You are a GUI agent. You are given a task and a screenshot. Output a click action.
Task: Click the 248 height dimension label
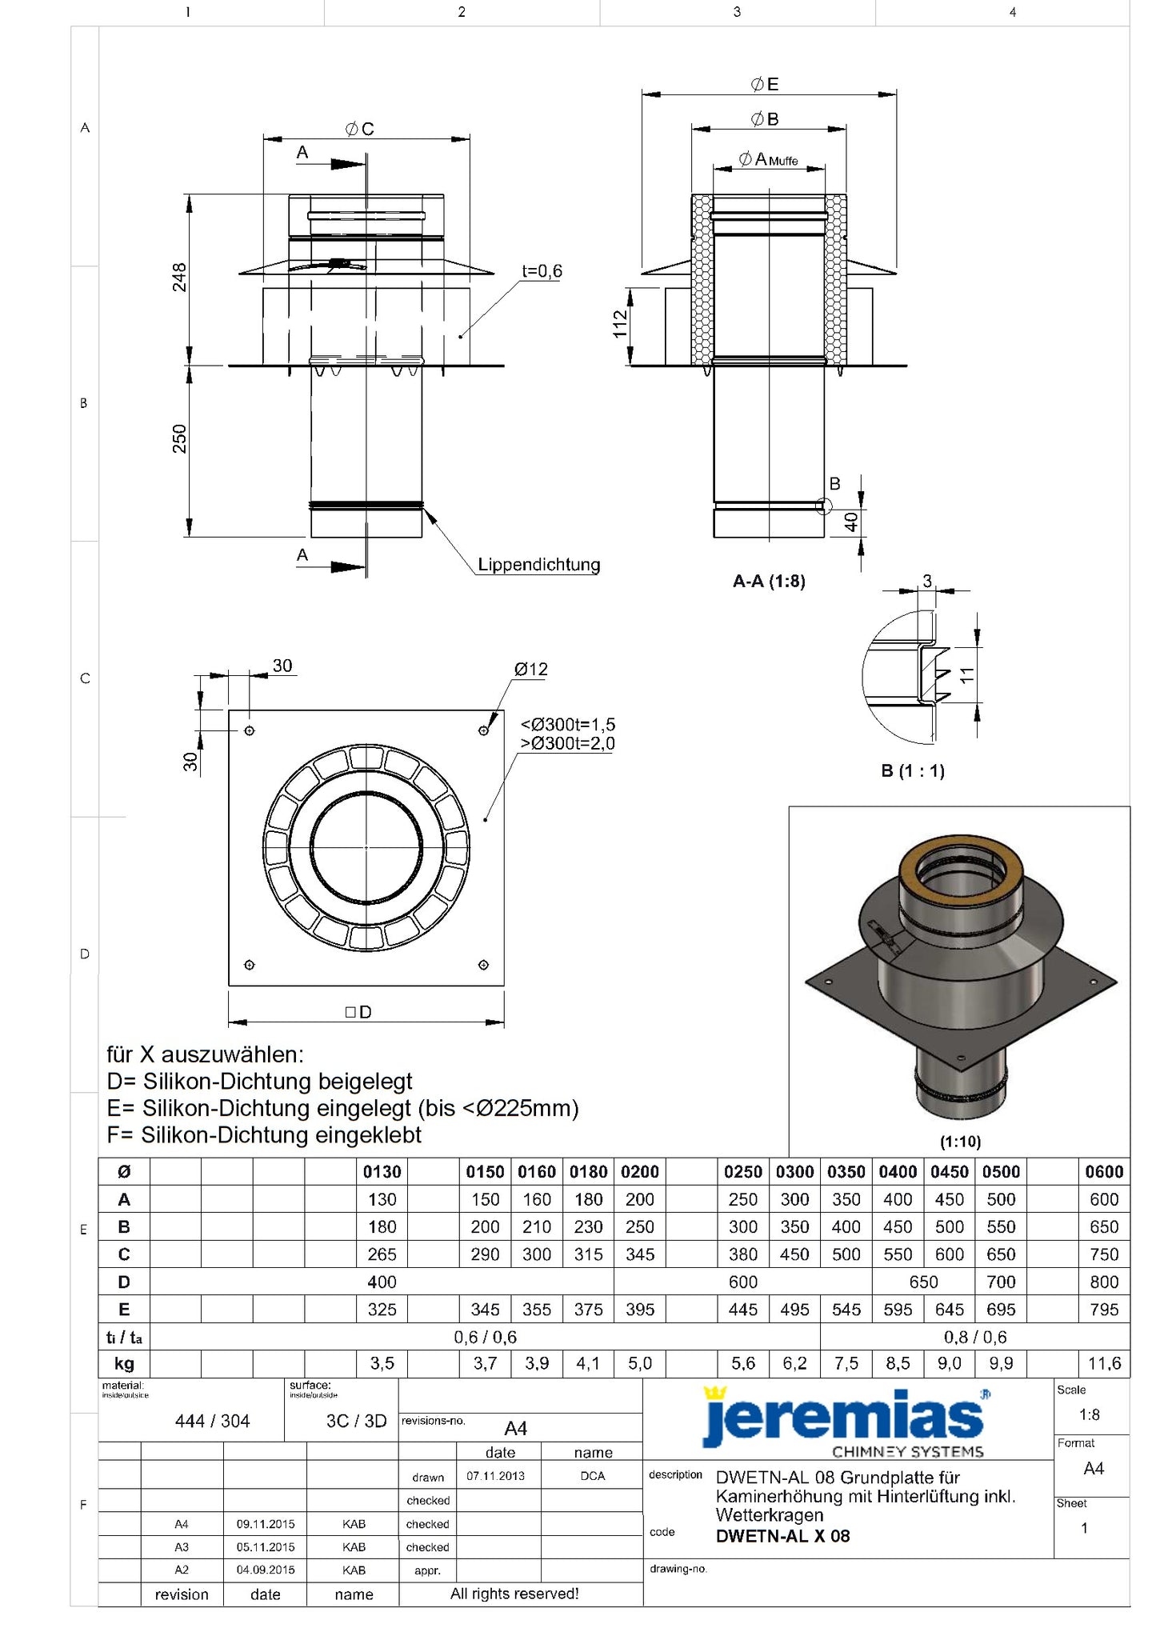(x=180, y=278)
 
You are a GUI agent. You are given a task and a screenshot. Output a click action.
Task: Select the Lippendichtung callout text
(x=538, y=565)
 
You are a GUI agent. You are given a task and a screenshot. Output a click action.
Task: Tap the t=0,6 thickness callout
(x=542, y=271)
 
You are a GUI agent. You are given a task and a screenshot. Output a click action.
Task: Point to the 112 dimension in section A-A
(x=620, y=325)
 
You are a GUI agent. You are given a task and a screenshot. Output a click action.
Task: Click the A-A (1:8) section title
(x=769, y=582)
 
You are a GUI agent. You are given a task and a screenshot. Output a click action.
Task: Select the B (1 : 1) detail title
(x=913, y=771)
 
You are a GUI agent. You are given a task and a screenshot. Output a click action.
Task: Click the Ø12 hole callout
(x=531, y=670)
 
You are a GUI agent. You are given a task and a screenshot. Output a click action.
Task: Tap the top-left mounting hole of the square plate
(x=250, y=730)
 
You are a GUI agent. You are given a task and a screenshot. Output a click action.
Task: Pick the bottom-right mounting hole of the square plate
(x=483, y=965)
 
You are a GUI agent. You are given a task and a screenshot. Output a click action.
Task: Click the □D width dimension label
(x=358, y=1013)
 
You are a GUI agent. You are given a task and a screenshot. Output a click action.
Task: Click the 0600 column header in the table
(x=1104, y=1172)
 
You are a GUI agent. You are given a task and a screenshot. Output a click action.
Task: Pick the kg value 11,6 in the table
(x=1104, y=1363)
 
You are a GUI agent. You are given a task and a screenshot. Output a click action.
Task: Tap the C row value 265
(x=382, y=1254)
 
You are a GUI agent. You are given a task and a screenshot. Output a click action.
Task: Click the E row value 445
(x=742, y=1310)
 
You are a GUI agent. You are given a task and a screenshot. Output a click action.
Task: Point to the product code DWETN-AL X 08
(x=782, y=1536)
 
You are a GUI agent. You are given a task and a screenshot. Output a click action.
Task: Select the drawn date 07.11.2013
(x=496, y=1476)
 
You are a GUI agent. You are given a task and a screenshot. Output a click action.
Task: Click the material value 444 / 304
(x=212, y=1421)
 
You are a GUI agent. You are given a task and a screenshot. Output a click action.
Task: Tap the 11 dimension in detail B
(x=967, y=675)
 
